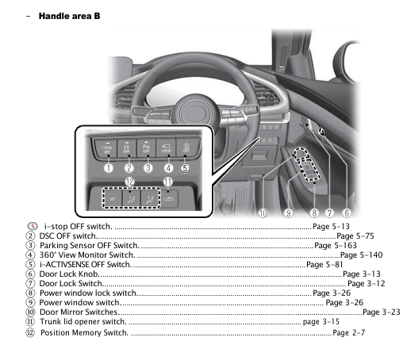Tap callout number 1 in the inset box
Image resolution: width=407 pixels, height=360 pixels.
point(107,167)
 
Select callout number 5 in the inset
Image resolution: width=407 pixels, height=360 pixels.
point(185,167)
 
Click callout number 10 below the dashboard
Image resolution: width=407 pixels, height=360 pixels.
point(263,213)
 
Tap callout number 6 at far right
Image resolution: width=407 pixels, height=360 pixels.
point(347,213)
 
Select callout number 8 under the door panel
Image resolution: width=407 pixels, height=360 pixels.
point(315,213)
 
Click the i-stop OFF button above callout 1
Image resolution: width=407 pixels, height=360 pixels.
point(106,148)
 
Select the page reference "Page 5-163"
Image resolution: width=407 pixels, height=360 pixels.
point(335,246)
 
